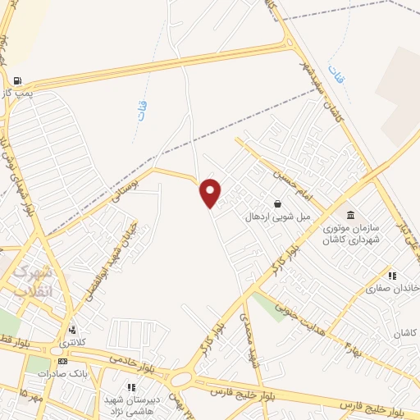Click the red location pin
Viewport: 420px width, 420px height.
(x=211, y=194)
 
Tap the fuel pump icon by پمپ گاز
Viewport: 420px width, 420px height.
(x=17, y=81)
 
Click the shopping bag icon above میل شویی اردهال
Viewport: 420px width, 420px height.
(x=278, y=203)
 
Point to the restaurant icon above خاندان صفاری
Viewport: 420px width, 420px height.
(x=392, y=276)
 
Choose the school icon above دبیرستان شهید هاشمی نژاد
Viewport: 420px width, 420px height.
(x=130, y=386)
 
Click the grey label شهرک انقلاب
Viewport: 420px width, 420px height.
(x=32, y=281)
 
